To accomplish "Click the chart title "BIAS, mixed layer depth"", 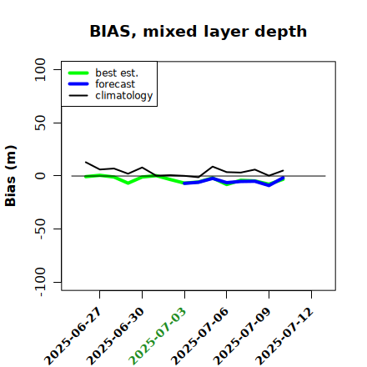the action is pos(199,32).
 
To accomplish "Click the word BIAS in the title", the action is pos(110,31).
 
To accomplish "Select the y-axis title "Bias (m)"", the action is pos(11,176).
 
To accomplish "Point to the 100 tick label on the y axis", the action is pos(40,69).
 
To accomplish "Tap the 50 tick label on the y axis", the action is pos(40,123).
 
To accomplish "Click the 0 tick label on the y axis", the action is pos(40,176).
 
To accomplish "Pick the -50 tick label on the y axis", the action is pos(40,229).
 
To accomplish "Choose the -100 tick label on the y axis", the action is pos(40,282).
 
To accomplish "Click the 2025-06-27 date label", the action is pos(73,336).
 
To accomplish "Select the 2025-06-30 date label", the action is pos(115,336).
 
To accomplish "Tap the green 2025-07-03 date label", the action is pos(158,336).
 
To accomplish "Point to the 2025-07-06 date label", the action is pos(199,336).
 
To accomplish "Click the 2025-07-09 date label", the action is pos(242,336).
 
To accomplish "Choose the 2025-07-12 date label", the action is pos(284,336).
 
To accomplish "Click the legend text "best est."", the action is pos(117,73).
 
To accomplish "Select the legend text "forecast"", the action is pos(115,84).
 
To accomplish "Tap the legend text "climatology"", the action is pos(124,96).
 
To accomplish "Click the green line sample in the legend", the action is pos(78,73).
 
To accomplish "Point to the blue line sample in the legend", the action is pos(78,84).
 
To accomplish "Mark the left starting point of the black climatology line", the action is pos(85,162).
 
